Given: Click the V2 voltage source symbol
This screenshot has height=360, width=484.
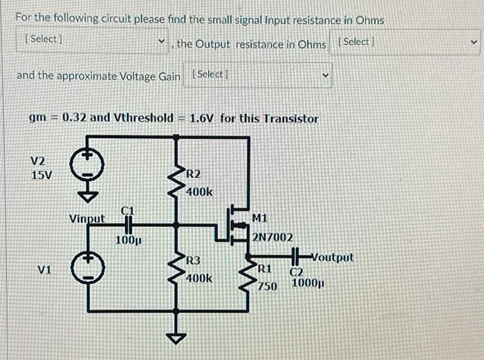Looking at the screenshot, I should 88,167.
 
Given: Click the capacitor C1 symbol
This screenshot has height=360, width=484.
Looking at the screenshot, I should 128,224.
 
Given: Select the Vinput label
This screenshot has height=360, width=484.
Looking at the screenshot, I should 87,219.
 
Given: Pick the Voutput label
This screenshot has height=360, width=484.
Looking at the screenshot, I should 332,257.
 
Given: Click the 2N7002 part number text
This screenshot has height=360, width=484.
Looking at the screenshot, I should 272,237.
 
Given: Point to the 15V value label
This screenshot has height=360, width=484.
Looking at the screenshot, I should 41,175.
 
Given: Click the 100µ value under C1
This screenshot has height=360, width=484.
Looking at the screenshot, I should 129,240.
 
